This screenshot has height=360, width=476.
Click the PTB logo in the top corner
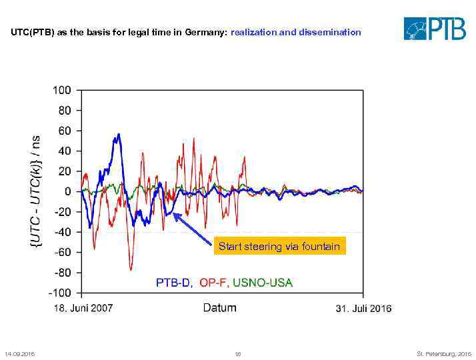[x=435, y=28]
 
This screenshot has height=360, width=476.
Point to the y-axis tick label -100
[x=60, y=293]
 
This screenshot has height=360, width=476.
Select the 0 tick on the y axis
[x=67, y=191]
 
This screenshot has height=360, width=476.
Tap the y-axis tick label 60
[x=65, y=131]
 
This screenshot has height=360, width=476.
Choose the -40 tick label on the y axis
[x=63, y=232]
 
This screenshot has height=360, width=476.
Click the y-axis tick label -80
[x=63, y=273]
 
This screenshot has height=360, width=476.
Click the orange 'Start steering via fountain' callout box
[x=279, y=247]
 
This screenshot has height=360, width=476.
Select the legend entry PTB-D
[x=174, y=283]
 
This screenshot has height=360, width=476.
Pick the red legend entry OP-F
[x=213, y=283]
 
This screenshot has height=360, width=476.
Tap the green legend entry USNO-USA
[x=262, y=283]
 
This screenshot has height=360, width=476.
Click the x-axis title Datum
[x=219, y=308]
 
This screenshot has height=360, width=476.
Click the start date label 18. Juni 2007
[x=83, y=308]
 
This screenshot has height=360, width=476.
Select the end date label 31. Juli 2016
[x=363, y=308]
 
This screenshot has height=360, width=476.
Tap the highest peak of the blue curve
[x=119, y=134]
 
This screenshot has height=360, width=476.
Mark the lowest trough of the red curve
[x=131, y=269]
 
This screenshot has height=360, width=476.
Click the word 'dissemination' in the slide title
[x=331, y=32]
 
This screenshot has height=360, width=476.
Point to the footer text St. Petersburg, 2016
[x=444, y=353]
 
